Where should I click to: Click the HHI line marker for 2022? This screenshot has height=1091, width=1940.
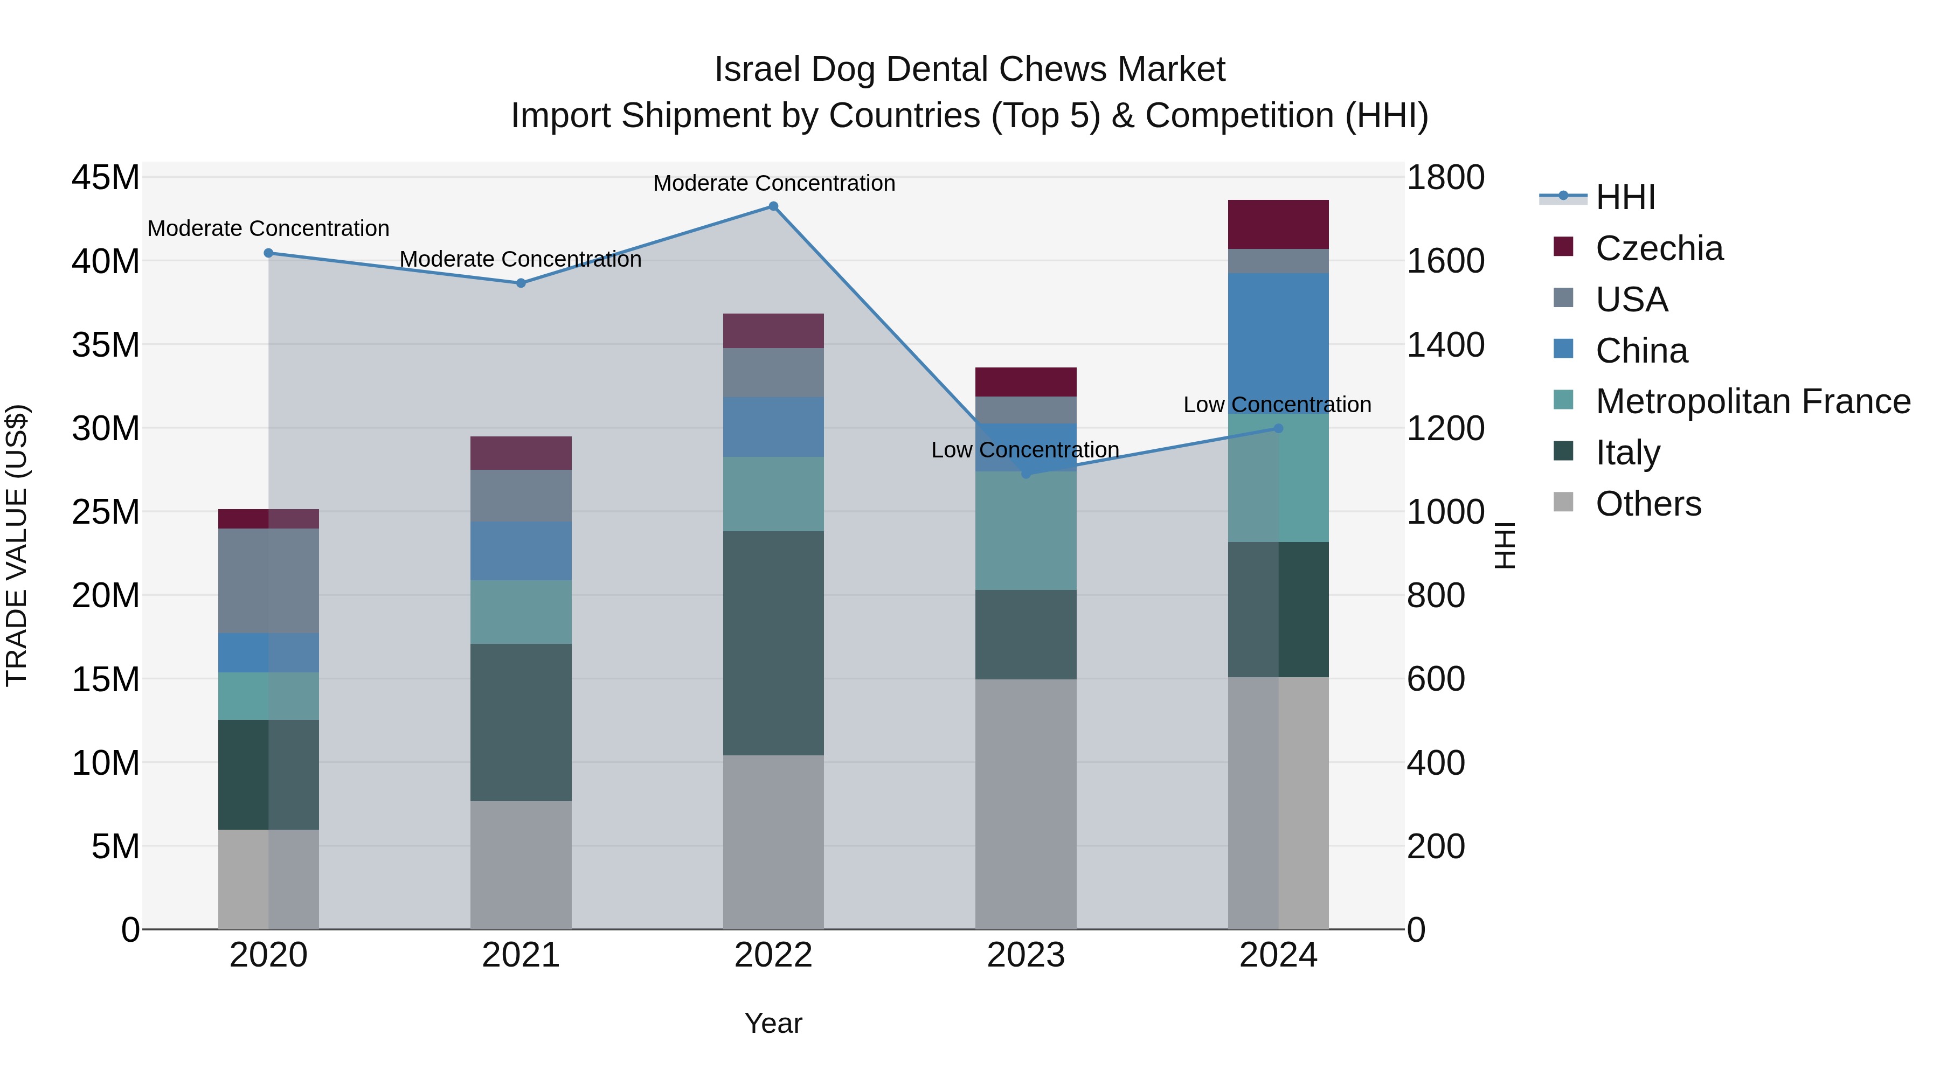(x=773, y=206)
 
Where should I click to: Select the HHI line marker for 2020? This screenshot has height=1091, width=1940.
(x=269, y=253)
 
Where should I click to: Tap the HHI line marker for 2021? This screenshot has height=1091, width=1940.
(x=521, y=283)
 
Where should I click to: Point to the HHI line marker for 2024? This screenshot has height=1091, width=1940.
(x=1278, y=428)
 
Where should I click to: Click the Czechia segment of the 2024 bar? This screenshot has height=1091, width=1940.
(x=1278, y=224)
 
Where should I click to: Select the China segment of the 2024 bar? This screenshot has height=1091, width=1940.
(x=1278, y=343)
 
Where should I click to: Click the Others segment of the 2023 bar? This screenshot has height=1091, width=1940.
(x=1026, y=804)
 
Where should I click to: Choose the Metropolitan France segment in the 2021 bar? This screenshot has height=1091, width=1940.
(x=521, y=611)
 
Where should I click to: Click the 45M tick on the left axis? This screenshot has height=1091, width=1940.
(x=106, y=178)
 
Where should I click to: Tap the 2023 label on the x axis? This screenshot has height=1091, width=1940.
(x=1026, y=955)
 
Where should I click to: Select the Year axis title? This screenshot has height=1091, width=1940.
(x=773, y=1023)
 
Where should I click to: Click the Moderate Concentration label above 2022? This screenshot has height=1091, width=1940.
(x=773, y=183)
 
